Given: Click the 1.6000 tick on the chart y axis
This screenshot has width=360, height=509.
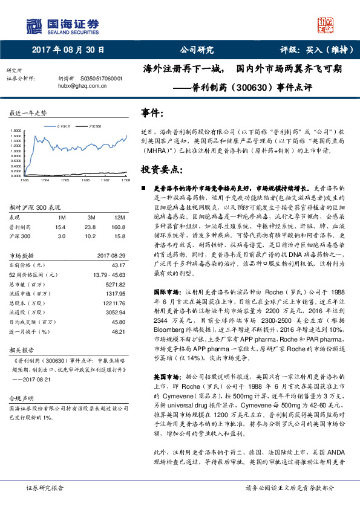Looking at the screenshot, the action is pyautogui.click(x=16, y=136).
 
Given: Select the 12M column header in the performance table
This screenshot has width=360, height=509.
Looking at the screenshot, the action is pyautogui.click(x=119, y=216).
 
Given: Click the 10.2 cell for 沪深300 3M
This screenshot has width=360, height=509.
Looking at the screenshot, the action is pyautogui.click(x=91, y=236).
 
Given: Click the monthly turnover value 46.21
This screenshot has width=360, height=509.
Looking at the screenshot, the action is pyautogui.click(x=119, y=331).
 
